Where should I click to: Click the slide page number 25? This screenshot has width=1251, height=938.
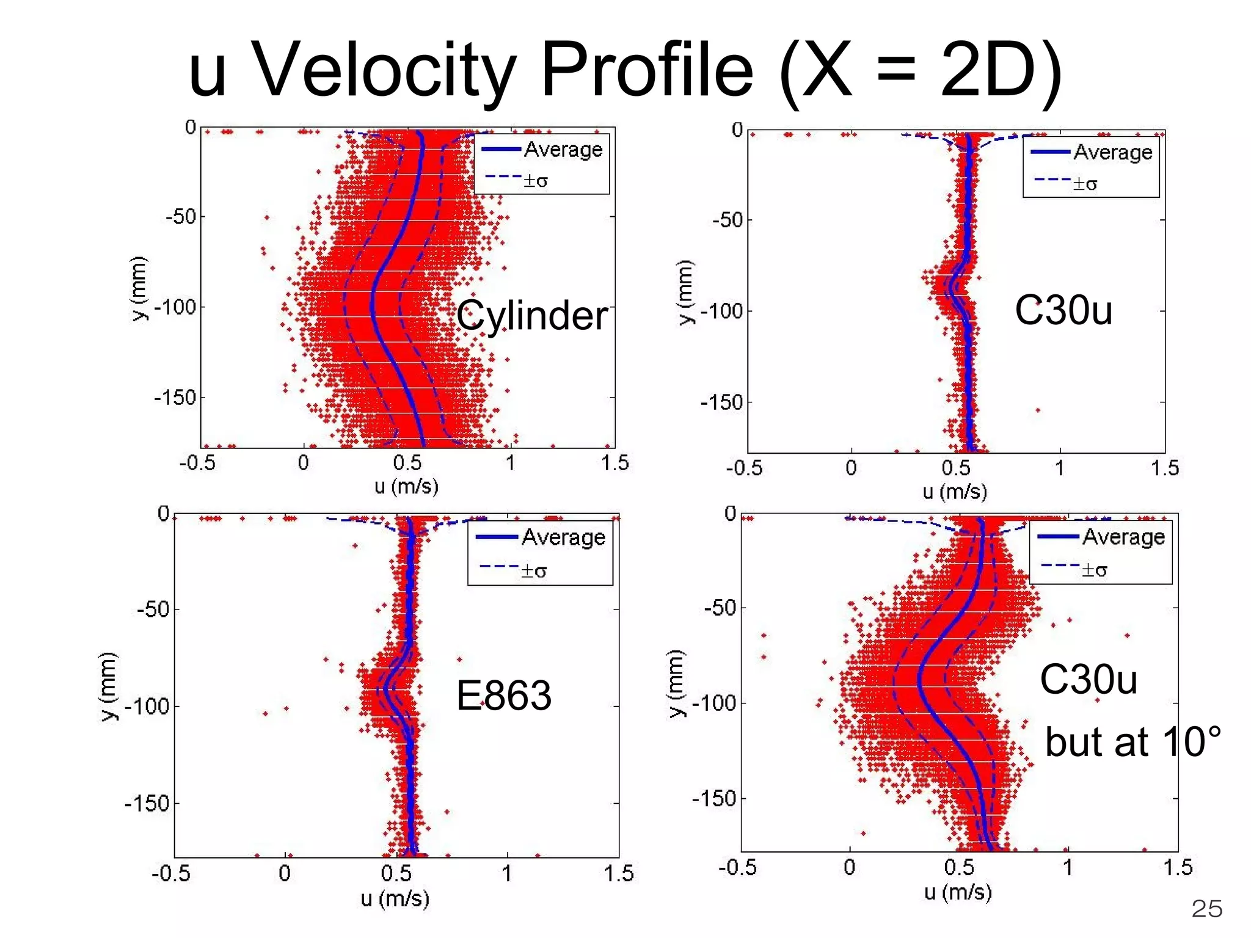pyautogui.click(x=1206, y=909)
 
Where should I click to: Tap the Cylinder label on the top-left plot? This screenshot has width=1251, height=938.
pyautogui.click(x=531, y=316)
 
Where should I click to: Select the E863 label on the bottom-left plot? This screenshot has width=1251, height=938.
pyautogui.click(x=504, y=696)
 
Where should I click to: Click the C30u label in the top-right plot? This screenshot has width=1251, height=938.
pyautogui.click(x=1063, y=310)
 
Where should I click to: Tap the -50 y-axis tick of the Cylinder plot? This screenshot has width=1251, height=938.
pyautogui.click(x=181, y=216)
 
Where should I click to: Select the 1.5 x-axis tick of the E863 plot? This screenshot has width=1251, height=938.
pyautogui.click(x=618, y=873)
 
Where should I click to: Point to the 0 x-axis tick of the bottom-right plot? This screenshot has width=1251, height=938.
pyautogui.click(x=849, y=867)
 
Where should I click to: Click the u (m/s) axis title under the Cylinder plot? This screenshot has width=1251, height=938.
pyautogui.click(x=406, y=486)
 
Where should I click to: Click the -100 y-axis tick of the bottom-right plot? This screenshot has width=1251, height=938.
pyautogui.click(x=713, y=703)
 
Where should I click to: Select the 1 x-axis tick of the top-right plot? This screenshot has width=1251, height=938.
pyautogui.click(x=1060, y=468)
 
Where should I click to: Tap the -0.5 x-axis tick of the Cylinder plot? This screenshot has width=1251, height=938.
pyautogui.click(x=197, y=463)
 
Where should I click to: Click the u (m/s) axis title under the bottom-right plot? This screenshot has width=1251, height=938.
pyautogui.click(x=957, y=892)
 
